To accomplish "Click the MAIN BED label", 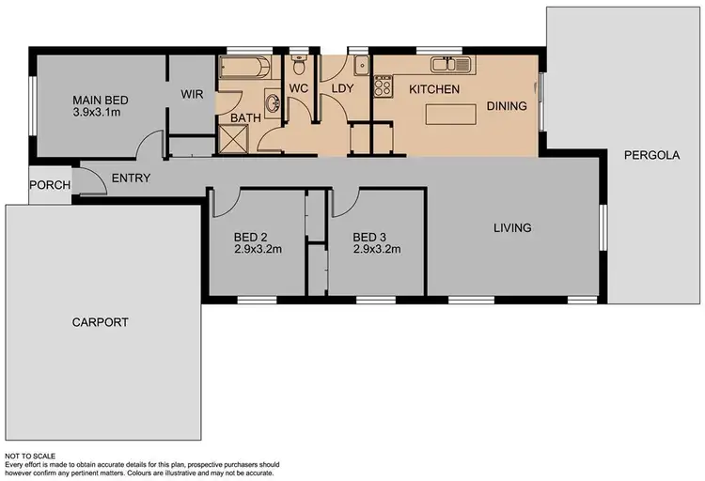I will [101, 101].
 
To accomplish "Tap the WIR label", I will [194, 94].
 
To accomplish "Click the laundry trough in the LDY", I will [360, 67].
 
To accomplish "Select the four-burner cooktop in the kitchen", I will [383, 87].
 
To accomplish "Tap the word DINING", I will [507, 106].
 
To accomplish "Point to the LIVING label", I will [512, 227].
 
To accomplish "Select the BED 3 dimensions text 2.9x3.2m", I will [377, 250].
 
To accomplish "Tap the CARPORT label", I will [100, 322].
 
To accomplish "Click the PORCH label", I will [50, 185].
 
